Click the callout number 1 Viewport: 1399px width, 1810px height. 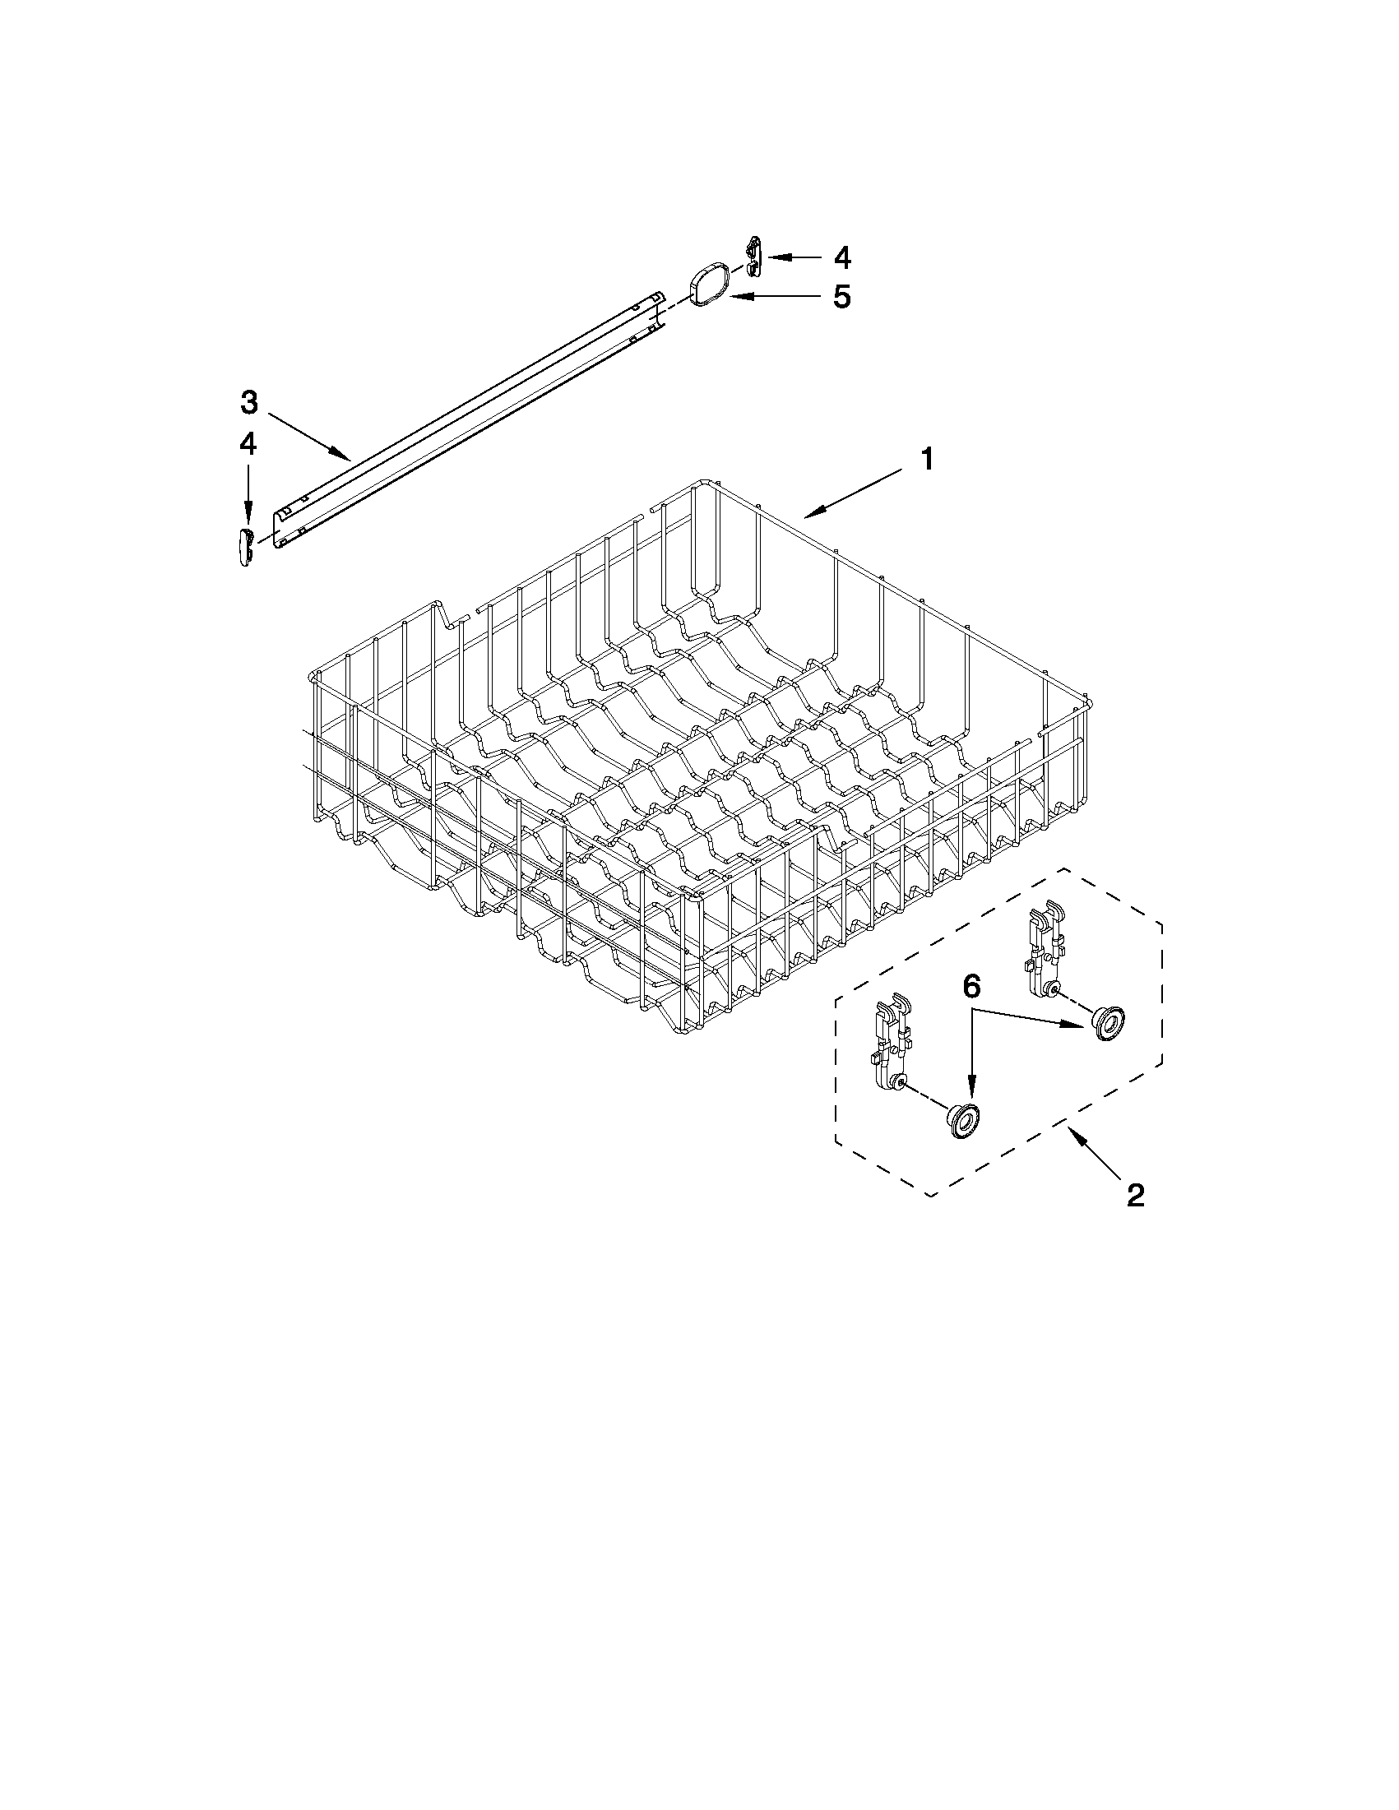[928, 459]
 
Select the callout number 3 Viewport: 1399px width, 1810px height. [249, 403]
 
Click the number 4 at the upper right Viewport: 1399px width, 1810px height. [841, 257]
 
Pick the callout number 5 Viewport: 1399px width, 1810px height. [841, 296]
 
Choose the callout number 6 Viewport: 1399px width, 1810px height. [971, 986]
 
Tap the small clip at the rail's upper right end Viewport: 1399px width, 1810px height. [753, 257]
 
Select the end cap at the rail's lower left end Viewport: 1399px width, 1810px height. [244, 548]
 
